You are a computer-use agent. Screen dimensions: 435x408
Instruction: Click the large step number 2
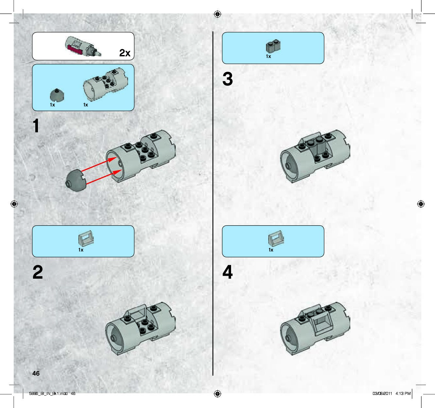pyautogui.click(x=38, y=272)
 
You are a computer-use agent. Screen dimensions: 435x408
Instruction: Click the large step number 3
pyautogui.click(x=227, y=79)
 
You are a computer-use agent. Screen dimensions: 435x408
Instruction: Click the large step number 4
pyautogui.click(x=227, y=272)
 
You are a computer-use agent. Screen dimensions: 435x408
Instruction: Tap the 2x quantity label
pyautogui.click(x=125, y=53)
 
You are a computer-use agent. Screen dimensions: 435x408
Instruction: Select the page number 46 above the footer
pyautogui.click(x=36, y=373)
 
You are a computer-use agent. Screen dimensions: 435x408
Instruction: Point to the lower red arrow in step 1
pyautogui.click(x=104, y=177)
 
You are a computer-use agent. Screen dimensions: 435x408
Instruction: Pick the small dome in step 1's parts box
pyautogui.click(x=57, y=95)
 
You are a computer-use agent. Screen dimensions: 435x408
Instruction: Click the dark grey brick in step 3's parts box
pyautogui.click(x=273, y=46)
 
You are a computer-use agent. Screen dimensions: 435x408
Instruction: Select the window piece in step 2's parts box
pyautogui.click(x=86, y=238)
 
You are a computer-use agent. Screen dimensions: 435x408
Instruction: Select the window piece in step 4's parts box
pyautogui.click(x=276, y=238)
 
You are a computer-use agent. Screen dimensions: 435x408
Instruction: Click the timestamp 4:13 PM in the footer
pyautogui.click(x=403, y=394)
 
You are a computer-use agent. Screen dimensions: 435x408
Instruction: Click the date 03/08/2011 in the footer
pyautogui.click(x=382, y=394)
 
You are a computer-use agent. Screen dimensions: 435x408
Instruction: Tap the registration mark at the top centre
pyautogui.click(x=217, y=14)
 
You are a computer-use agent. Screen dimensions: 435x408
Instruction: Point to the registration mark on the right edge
pyautogui.click(x=421, y=204)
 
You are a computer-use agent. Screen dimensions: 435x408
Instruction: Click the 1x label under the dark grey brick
pyautogui.click(x=269, y=56)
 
